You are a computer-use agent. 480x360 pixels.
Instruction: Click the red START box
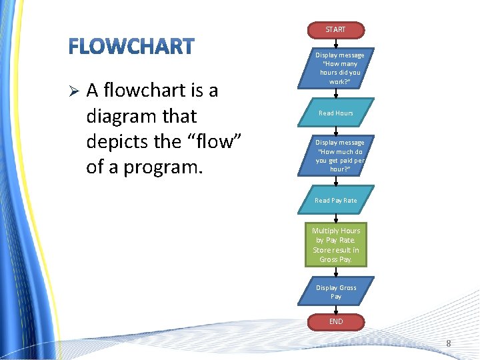tap(335, 30)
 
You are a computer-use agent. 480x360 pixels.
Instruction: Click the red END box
tap(336, 322)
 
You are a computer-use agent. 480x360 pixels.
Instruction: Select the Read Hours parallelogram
tap(336, 113)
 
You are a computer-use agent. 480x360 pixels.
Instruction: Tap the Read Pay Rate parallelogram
tap(336, 200)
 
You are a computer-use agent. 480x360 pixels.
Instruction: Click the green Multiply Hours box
tap(336, 245)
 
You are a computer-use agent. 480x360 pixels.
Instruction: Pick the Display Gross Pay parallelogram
tap(336, 292)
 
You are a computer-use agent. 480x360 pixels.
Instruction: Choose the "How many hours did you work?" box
tap(339, 68)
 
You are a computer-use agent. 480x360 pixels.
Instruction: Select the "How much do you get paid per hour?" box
tap(339, 155)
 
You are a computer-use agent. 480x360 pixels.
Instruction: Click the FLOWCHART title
tap(131, 47)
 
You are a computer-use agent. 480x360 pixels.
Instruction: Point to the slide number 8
tap(449, 344)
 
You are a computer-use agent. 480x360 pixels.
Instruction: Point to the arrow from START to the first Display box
tap(336, 43)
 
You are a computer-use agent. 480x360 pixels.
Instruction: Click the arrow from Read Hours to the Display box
tap(336, 131)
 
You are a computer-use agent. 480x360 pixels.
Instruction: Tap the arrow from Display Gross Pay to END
tap(336, 309)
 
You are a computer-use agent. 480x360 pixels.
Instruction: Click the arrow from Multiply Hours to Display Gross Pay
tap(336, 272)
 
